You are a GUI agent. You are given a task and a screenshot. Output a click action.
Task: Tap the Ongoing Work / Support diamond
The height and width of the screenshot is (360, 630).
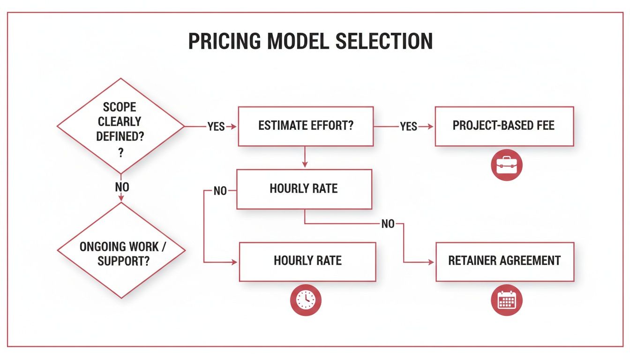[x=120, y=251]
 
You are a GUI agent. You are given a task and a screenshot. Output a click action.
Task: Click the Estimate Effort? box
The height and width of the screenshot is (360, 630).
[x=306, y=126]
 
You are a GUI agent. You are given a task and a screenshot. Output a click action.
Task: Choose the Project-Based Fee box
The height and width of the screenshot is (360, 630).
[x=504, y=126]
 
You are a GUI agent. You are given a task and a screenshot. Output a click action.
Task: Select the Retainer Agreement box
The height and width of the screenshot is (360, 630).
[x=504, y=261]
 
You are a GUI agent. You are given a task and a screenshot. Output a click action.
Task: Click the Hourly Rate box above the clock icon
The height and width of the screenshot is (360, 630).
[x=307, y=261]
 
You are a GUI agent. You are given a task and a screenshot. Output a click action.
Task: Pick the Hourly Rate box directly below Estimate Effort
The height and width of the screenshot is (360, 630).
[x=304, y=189]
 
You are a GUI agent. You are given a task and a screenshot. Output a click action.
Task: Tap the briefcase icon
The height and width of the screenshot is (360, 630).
[x=506, y=165]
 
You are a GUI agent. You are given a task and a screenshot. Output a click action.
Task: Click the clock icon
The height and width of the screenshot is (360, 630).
[x=306, y=300]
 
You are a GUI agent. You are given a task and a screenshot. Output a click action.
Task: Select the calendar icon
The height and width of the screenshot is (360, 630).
[x=506, y=300]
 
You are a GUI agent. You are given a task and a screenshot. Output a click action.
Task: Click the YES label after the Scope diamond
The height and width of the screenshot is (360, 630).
[x=216, y=127]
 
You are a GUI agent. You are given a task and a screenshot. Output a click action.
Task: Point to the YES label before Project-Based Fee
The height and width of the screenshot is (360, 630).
[x=408, y=127]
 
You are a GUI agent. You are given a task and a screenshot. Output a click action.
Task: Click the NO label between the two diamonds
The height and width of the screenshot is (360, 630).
[x=122, y=187]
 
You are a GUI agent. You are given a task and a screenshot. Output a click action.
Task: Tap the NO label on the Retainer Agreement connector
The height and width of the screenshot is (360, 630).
[x=388, y=224]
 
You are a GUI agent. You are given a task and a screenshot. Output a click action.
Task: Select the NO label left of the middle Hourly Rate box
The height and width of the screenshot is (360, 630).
[x=220, y=191]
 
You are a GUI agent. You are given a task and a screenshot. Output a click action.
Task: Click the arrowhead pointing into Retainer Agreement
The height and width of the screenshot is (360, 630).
[x=432, y=262]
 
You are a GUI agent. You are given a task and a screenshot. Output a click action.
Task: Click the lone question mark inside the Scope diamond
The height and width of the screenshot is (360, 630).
[x=120, y=153]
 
